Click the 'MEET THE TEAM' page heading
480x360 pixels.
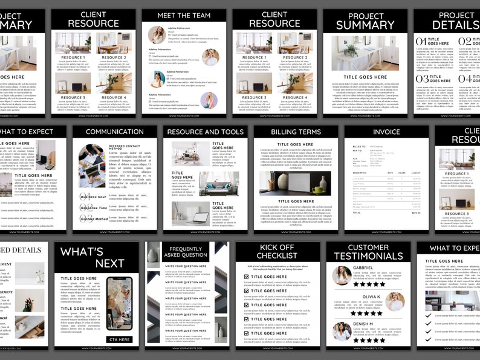pos(184,16)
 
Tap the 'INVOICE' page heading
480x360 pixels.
pos(386,132)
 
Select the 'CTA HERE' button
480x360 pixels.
pos(120,339)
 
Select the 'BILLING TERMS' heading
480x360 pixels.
pos(296,132)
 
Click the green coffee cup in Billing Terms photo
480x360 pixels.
pos(317,189)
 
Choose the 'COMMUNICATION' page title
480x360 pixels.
pos(115,132)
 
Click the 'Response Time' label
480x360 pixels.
pos(94,207)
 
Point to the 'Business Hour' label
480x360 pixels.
pos(94,197)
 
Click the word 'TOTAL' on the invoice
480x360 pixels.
pos(357,213)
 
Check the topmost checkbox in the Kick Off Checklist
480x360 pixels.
pos(246,277)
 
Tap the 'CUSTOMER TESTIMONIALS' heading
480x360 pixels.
pos(368,252)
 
